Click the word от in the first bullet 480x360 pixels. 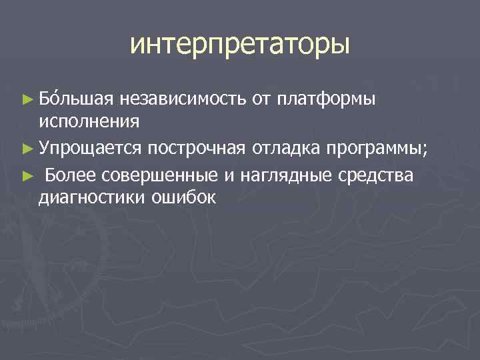tap(260, 100)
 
